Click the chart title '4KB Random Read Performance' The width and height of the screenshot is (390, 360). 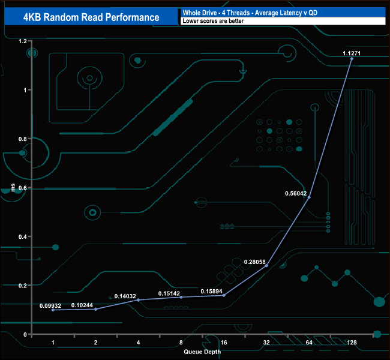coord(91,17)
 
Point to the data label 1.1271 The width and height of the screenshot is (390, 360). coord(352,53)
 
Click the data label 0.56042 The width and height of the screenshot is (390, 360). coord(295,194)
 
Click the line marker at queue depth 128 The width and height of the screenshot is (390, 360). coord(352,59)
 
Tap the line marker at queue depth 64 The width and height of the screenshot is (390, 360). coord(309,197)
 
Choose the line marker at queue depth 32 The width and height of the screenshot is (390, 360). coord(266,266)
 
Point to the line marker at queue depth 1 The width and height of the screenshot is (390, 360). coord(53,310)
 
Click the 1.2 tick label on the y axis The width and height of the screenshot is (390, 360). coord(23,41)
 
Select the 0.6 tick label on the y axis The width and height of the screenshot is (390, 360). coord(23,188)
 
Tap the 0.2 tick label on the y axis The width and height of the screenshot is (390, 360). coord(23,286)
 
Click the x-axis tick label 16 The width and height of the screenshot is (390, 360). coord(224,343)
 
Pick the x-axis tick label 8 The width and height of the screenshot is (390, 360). coord(181,343)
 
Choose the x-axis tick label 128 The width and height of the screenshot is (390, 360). coord(352,343)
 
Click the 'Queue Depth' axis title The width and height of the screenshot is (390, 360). coord(202,352)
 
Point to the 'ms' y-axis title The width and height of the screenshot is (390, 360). coord(13,188)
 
